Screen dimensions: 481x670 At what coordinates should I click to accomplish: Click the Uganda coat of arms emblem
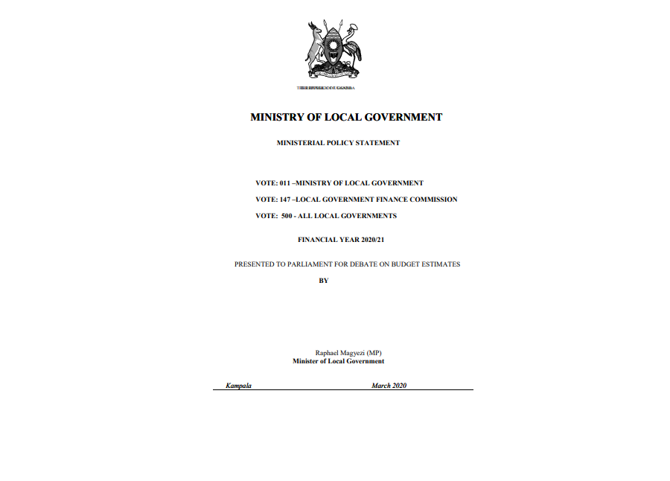333,50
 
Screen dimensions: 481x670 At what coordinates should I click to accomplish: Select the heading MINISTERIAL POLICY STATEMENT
338,143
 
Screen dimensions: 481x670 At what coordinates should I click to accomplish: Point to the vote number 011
285,183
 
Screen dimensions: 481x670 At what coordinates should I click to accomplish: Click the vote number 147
285,200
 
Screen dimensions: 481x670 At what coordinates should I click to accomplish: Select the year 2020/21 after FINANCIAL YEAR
370,241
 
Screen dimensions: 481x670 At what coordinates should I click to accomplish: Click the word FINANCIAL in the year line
317,241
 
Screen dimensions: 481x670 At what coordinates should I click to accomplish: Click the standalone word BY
324,281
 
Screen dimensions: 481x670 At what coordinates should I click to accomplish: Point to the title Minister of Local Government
338,361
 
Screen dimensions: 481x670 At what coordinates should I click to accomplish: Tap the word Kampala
238,386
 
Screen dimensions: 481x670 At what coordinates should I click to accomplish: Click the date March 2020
389,386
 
